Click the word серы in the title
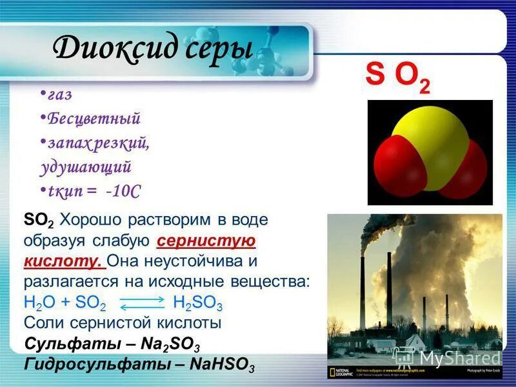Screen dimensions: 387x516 [x=219, y=50]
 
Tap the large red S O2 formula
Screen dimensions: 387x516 [x=397, y=75]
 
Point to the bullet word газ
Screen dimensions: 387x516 [x=59, y=95]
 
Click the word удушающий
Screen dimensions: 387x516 [x=85, y=167]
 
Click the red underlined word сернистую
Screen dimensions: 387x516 [x=206, y=241]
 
